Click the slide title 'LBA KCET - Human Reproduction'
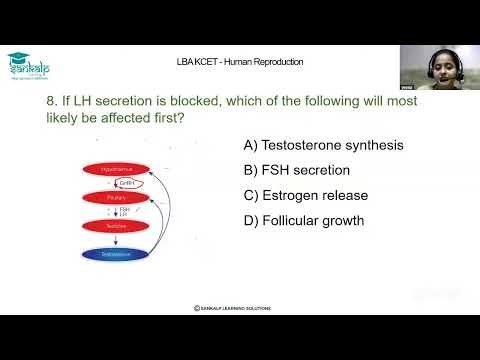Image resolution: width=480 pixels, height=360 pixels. (x=239, y=62)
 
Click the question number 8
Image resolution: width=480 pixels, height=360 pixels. (x=53, y=102)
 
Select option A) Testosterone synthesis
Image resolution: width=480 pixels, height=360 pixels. (x=324, y=145)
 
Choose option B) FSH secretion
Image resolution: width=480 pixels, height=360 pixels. (x=296, y=169)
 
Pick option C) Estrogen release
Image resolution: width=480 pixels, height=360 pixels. (x=306, y=194)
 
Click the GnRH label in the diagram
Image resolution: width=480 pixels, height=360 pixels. (x=126, y=184)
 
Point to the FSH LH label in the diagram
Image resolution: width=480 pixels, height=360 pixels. (x=124, y=212)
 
